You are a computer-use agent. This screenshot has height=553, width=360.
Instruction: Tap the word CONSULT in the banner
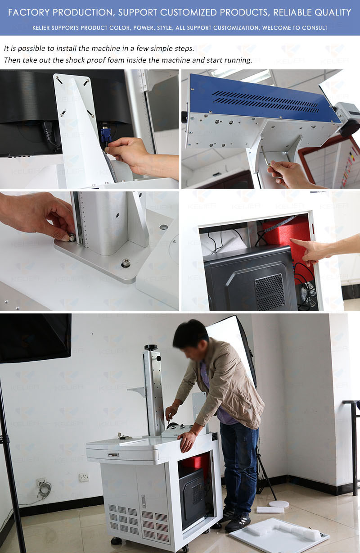[314, 28]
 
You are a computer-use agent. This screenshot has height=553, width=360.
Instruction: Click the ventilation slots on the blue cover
[265, 102]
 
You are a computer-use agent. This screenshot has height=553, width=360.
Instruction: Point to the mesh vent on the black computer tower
[270, 291]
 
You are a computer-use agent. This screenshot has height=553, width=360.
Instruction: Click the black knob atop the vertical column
[150, 347]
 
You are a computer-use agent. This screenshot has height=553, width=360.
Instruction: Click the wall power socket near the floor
[84, 477]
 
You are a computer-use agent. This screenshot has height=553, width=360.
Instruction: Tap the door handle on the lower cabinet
[144, 501]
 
